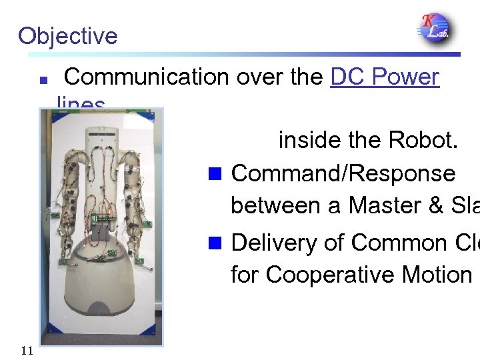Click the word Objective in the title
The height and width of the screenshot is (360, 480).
tap(67, 35)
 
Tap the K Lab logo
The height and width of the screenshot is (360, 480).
tap(434, 28)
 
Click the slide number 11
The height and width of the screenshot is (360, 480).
tap(27, 351)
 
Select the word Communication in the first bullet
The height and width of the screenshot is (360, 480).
tap(146, 77)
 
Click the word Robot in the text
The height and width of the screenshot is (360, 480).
tap(422, 141)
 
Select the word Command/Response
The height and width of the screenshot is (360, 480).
tap(343, 173)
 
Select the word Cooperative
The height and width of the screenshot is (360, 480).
tap(307, 275)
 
